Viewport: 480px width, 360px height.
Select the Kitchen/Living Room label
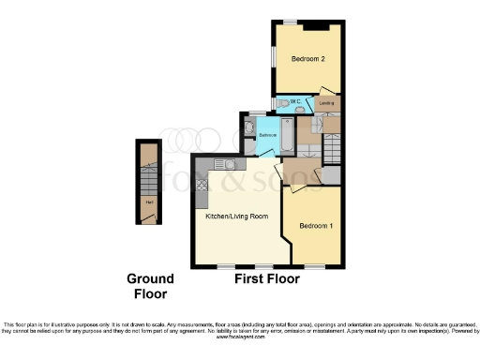[x=237, y=217]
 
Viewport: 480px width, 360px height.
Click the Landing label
[x=326, y=102]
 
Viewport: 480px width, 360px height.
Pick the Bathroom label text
[x=266, y=135]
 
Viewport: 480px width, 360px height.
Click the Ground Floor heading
[x=151, y=285]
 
